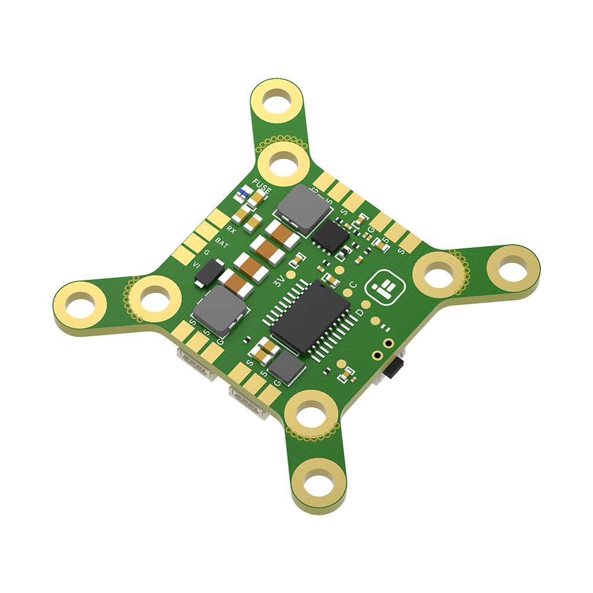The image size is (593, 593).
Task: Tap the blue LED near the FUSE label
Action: [243, 193]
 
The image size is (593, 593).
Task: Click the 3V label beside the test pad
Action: [279, 283]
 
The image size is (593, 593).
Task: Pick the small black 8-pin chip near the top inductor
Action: [329, 234]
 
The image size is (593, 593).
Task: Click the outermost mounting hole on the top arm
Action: [275, 99]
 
